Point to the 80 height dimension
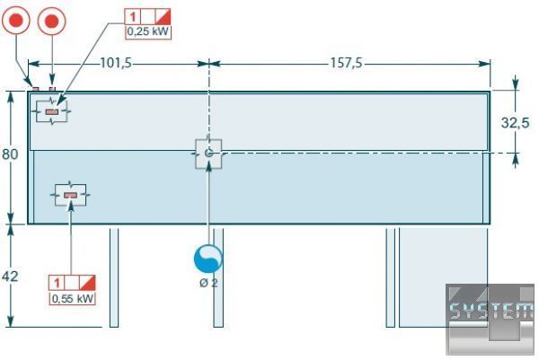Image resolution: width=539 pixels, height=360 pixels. click(x=10, y=154)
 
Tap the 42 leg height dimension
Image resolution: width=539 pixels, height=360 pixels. click(x=10, y=277)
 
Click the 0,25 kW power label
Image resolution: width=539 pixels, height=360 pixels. click(x=147, y=31)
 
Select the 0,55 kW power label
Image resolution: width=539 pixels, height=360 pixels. click(x=72, y=298)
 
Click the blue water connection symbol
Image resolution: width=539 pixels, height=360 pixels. click(x=208, y=259)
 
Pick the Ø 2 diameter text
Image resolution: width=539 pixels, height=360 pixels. click(x=208, y=284)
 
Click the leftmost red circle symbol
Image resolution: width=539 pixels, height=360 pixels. click(x=18, y=20)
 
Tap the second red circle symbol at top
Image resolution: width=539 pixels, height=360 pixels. click(x=52, y=20)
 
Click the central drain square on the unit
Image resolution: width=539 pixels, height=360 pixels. click(x=208, y=154)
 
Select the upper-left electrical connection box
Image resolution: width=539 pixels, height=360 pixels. click(x=51, y=112)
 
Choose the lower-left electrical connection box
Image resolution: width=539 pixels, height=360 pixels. click(x=70, y=194)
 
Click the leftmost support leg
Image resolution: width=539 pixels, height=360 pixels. click(x=114, y=277)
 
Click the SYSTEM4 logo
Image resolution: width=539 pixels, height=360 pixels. click(x=490, y=312)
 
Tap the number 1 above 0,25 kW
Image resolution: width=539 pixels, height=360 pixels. click(x=133, y=16)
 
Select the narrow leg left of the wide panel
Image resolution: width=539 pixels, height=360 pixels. click(x=390, y=277)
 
